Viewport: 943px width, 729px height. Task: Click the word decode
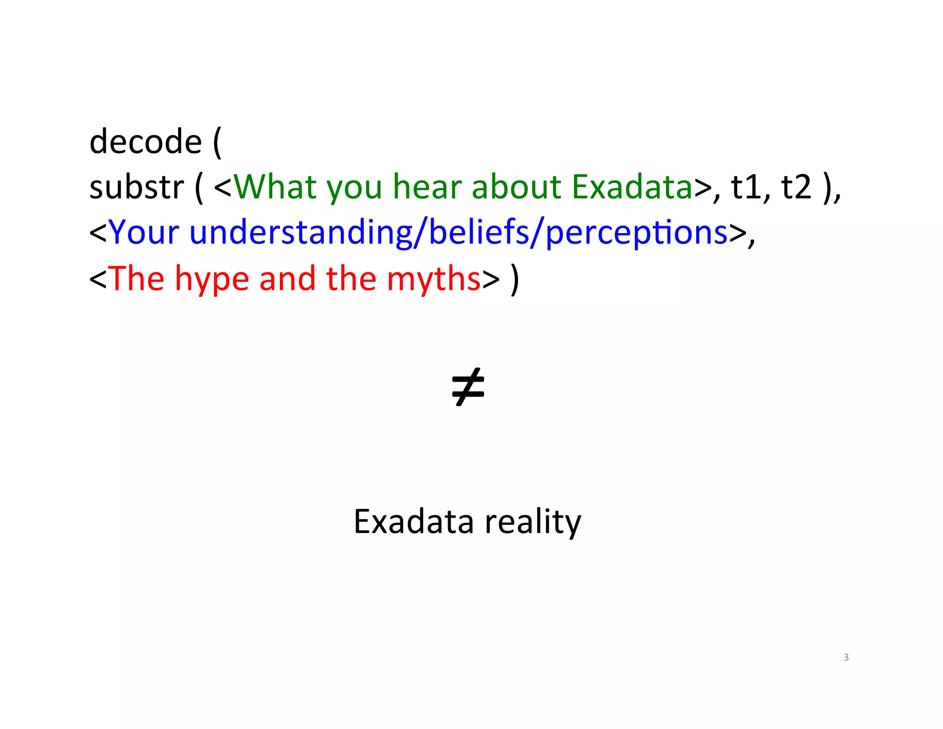146,141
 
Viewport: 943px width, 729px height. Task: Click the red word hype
211,279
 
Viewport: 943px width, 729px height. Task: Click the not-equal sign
468,387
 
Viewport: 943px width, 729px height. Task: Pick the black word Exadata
413,522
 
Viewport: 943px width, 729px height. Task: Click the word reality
533,522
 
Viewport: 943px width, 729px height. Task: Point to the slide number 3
846,657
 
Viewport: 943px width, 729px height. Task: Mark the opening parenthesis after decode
217,142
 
